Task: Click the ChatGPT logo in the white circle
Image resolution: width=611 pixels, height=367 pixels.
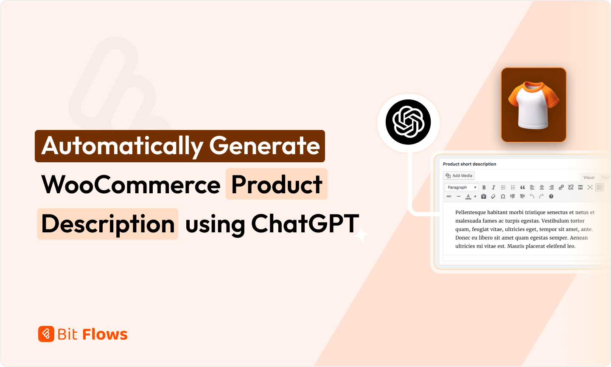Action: point(408,122)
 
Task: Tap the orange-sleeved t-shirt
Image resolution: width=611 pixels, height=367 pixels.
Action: point(533,105)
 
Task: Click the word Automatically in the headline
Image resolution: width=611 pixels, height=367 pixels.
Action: point(122,146)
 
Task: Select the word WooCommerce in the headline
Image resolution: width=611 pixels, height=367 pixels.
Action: point(131,185)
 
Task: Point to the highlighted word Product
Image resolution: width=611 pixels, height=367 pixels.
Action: point(277,184)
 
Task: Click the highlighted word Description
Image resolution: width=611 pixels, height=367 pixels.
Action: point(108,224)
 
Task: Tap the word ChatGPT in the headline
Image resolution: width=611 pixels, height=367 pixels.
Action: point(305,224)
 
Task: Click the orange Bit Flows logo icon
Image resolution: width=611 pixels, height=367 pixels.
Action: point(46,334)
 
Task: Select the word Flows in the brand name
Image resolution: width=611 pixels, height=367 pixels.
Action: point(105,334)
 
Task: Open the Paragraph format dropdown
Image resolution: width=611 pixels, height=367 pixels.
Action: point(461,187)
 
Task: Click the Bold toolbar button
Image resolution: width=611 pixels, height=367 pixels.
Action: point(484,187)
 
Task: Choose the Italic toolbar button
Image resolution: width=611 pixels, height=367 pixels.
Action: point(493,187)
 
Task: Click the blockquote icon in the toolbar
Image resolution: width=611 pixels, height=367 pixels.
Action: point(522,187)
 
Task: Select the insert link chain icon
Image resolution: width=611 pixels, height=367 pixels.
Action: point(561,187)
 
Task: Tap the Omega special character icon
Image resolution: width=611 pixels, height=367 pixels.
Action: point(503,196)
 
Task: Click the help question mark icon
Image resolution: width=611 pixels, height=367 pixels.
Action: point(551,196)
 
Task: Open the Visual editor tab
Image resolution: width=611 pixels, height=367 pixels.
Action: point(589,177)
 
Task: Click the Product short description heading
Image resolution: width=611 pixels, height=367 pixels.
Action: point(469,164)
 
